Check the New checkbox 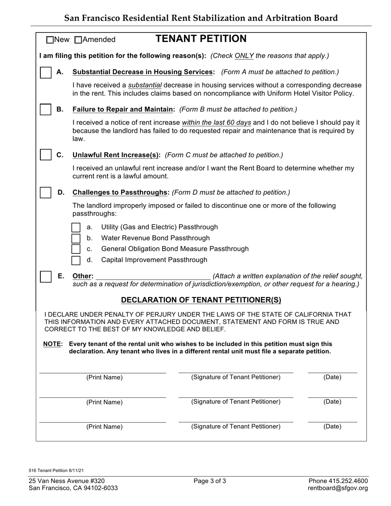[x=50, y=40]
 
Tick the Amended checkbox [x=79, y=40]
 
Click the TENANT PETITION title [x=201, y=39]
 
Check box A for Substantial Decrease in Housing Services [x=46, y=72]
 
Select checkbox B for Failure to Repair [x=46, y=109]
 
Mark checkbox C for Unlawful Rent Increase [x=46, y=155]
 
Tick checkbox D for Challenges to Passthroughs [x=46, y=192]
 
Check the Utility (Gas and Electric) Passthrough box [x=76, y=227]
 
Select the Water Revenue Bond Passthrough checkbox [x=76, y=238]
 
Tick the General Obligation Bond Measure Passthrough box [x=76, y=249]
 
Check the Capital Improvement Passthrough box [x=76, y=260]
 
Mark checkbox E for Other [x=46, y=276]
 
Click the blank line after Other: [x=153, y=276]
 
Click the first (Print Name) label [x=104, y=378]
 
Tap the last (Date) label [x=332, y=427]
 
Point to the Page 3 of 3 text [x=209, y=481]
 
